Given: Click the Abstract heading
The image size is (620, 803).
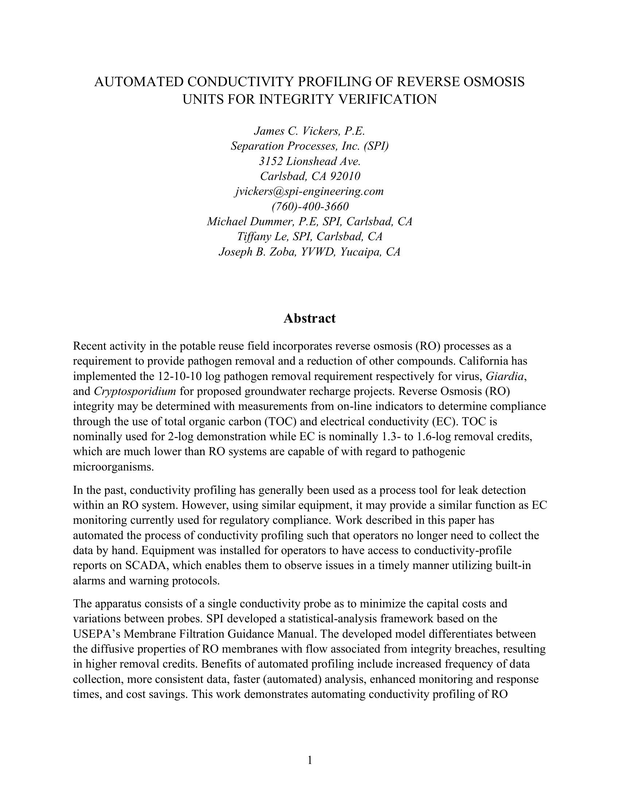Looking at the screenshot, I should tap(309, 318).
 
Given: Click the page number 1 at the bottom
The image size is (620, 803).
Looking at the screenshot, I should tap(310, 760).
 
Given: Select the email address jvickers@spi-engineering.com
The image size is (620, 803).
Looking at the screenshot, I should tap(309, 192).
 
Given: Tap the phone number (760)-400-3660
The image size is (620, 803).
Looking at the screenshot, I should tap(310, 207).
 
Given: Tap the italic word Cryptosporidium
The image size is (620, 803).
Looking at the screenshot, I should tap(135, 392).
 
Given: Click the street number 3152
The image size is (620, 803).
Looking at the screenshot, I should tap(271, 161).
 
